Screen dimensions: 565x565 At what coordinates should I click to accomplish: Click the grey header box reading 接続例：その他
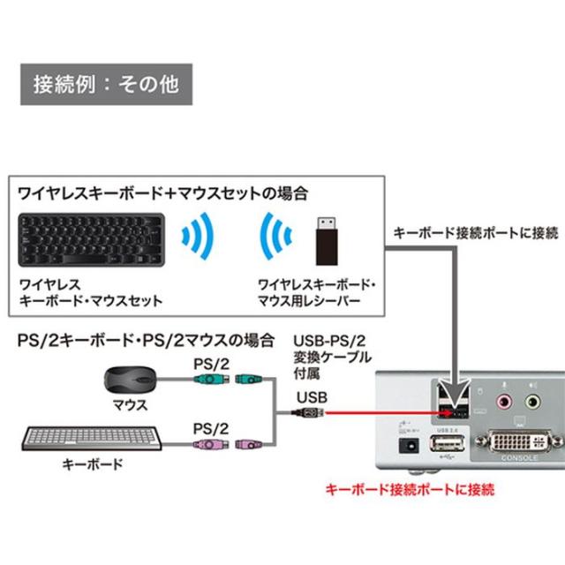[105, 85]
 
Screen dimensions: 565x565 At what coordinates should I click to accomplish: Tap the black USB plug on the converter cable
[312, 411]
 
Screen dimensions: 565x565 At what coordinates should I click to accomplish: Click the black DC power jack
[408, 447]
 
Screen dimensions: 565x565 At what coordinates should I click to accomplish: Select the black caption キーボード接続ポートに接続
[475, 233]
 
